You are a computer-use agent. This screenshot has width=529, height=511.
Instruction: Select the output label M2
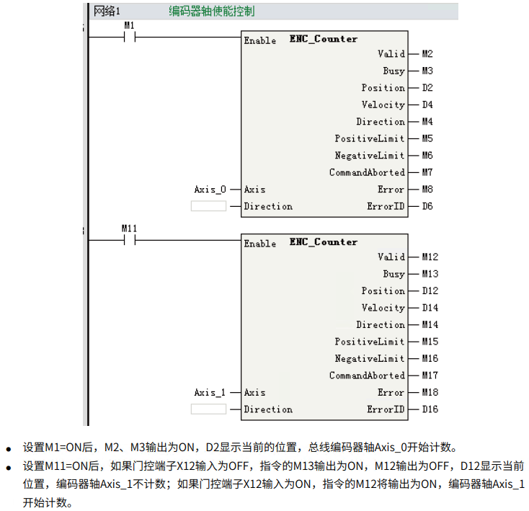(427, 54)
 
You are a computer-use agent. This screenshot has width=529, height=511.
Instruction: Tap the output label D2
(427, 88)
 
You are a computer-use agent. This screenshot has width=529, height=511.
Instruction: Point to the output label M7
(427, 173)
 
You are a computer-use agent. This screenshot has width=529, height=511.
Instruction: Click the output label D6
(427, 207)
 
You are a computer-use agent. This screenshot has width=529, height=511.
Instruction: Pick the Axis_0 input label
(210, 190)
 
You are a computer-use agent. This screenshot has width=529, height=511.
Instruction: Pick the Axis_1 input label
(210, 393)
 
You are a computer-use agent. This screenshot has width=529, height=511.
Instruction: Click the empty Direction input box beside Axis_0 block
(208, 207)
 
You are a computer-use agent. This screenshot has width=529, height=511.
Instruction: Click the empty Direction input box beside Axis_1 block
(208, 410)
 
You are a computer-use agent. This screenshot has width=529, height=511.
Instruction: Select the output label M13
(430, 274)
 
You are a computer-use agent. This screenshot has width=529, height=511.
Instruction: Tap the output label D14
(430, 308)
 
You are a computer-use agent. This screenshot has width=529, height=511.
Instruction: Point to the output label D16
(430, 410)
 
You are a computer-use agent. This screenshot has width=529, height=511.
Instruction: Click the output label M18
(430, 393)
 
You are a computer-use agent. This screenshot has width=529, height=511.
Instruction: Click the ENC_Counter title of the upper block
(324, 39)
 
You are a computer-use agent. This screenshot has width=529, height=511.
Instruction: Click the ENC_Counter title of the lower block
(324, 242)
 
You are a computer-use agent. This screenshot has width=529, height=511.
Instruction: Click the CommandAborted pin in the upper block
(367, 173)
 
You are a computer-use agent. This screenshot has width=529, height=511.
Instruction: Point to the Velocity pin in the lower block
(383, 308)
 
